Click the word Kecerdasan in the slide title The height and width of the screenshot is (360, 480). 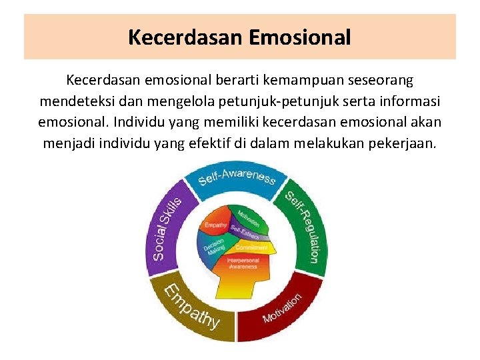[186, 37]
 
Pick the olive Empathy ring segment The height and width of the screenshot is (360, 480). [193, 306]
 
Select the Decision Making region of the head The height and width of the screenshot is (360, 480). [215, 247]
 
